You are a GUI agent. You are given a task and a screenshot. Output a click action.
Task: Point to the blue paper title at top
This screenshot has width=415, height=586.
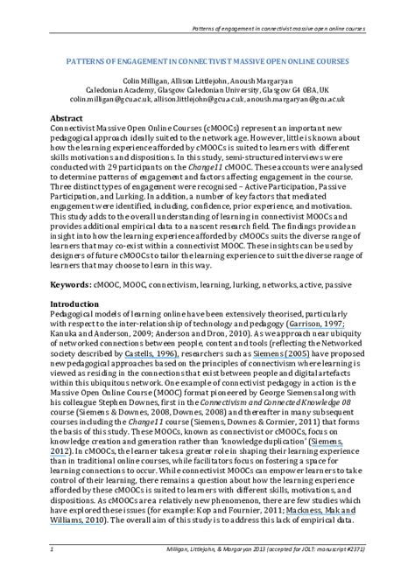click(x=207, y=62)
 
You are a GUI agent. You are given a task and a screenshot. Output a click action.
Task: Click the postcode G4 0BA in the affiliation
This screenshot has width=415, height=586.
click(x=296, y=90)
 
